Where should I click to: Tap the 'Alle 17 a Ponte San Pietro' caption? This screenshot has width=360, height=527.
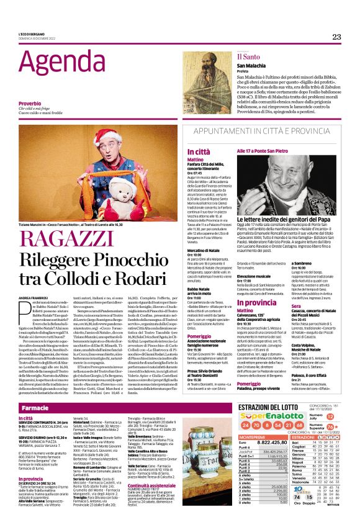tap(264, 151)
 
